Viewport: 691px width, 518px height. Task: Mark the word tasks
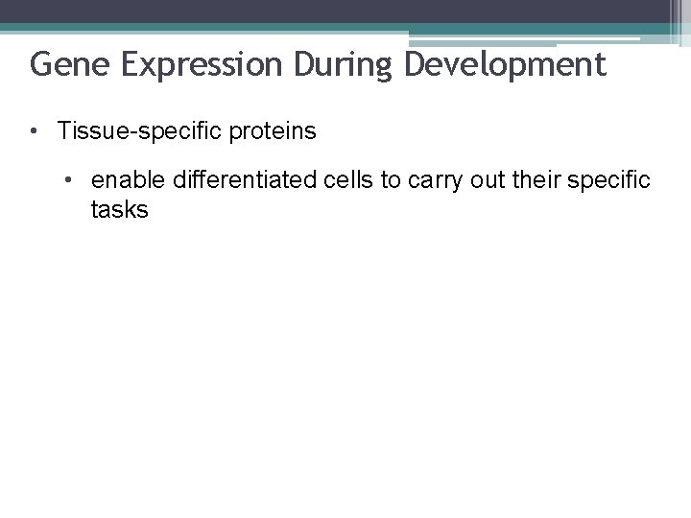120,210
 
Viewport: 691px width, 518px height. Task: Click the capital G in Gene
40,65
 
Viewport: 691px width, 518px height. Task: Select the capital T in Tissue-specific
64,131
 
